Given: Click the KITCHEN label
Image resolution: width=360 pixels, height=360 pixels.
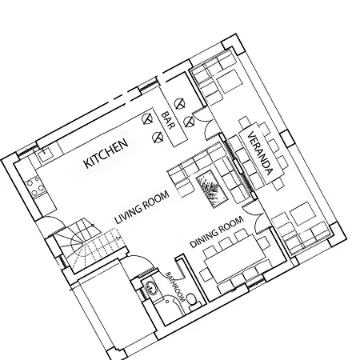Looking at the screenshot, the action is click(x=106, y=154).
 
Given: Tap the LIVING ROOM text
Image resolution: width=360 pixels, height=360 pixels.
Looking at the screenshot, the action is click(x=142, y=207).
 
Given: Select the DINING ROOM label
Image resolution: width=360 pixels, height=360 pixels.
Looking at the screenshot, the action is click(x=217, y=232).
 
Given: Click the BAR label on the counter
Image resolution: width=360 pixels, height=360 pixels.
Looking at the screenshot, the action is click(x=169, y=120).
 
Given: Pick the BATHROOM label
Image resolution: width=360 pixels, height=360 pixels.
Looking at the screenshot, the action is click(x=175, y=286).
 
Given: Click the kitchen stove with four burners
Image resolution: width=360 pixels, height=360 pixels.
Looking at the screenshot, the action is click(x=35, y=186).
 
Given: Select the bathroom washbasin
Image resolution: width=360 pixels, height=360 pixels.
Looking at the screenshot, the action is click(x=150, y=288).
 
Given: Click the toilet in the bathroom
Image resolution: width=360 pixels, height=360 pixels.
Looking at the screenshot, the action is click(x=193, y=302).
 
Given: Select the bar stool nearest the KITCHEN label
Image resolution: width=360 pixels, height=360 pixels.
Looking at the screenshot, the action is click(x=147, y=118).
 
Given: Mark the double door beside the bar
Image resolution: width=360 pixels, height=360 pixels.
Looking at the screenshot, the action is click(x=206, y=122).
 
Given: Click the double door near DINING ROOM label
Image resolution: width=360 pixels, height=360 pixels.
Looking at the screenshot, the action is click(x=254, y=218).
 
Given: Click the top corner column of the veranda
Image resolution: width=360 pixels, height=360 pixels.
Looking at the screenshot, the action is click(x=233, y=44).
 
